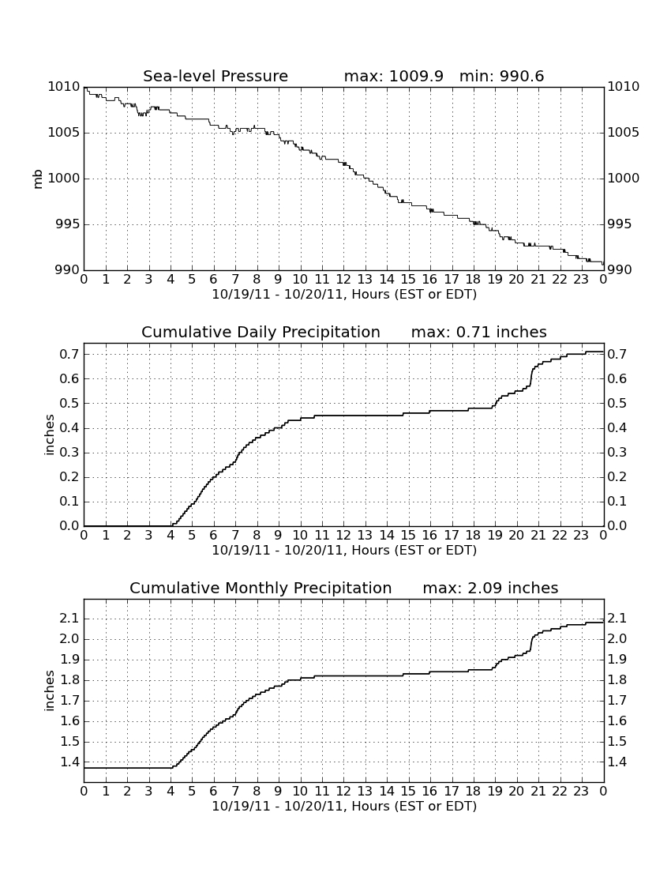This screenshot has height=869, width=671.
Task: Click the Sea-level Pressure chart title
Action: coord(216,76)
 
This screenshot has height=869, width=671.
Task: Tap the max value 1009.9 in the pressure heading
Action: coord(416,76)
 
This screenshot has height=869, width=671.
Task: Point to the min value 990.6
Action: coord(522,76)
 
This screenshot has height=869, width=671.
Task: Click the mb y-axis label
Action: coord(38,179)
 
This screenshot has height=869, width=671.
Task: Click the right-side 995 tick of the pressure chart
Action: coord(620,224)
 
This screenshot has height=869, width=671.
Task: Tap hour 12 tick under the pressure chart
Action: coord(343,280)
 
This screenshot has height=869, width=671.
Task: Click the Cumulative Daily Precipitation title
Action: coord(261,332)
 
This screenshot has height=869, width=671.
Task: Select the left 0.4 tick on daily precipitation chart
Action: coord(69,428)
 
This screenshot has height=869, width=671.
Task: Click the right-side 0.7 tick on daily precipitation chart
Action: coord(617,354)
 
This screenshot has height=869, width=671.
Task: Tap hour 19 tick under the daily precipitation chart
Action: coord(495,536)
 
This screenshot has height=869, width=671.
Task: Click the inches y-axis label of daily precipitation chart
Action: coord(50,435)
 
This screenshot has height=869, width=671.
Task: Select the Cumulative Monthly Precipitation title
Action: coord(261,588)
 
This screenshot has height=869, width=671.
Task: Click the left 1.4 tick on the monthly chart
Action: coord(69,762)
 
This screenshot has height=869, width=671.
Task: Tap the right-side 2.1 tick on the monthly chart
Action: coord(617,619)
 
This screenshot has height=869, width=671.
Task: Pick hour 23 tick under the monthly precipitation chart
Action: coord(581,792)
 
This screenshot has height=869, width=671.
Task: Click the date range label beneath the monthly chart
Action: coord(344,807)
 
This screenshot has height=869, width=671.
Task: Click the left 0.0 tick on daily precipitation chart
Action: coord(69,526)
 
